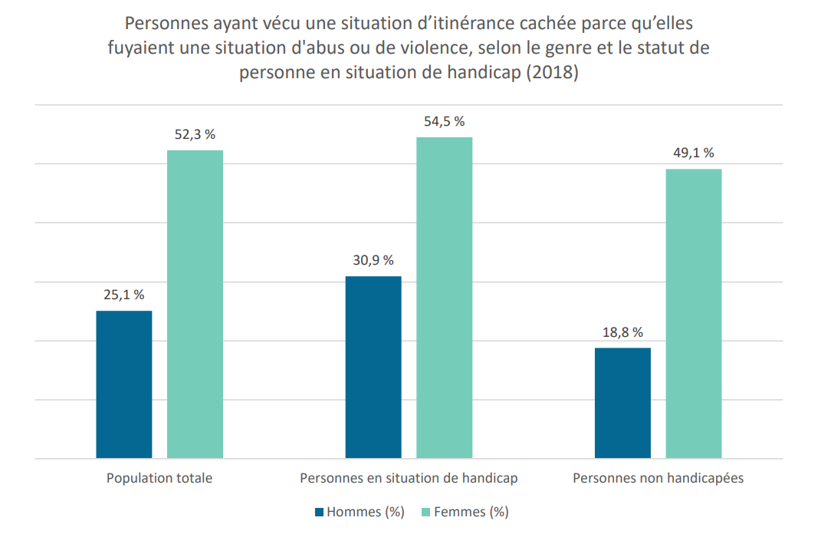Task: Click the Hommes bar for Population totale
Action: pos(124,384)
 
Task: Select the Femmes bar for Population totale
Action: pos(195,305)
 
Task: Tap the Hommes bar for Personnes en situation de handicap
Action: pos(373,368)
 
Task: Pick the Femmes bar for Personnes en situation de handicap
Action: pos(445,298)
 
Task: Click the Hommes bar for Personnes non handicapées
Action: pos(622,403)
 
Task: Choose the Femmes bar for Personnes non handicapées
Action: pos(694,314)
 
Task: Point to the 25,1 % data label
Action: pos(124,295)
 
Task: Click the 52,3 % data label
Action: pos(195,135)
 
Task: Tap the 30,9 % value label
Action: pos(373,260)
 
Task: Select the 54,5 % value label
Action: pos(445,121)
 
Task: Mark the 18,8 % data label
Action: pos(622,332)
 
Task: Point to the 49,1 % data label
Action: pos(694,153)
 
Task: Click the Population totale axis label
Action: pos(159,478)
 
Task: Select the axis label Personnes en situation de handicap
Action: pos(409,478)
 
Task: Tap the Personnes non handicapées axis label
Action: pos(658,478)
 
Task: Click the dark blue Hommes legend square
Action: pos(319,512)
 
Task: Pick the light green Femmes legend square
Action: pos(425,512)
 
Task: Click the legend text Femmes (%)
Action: pos(471,512)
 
